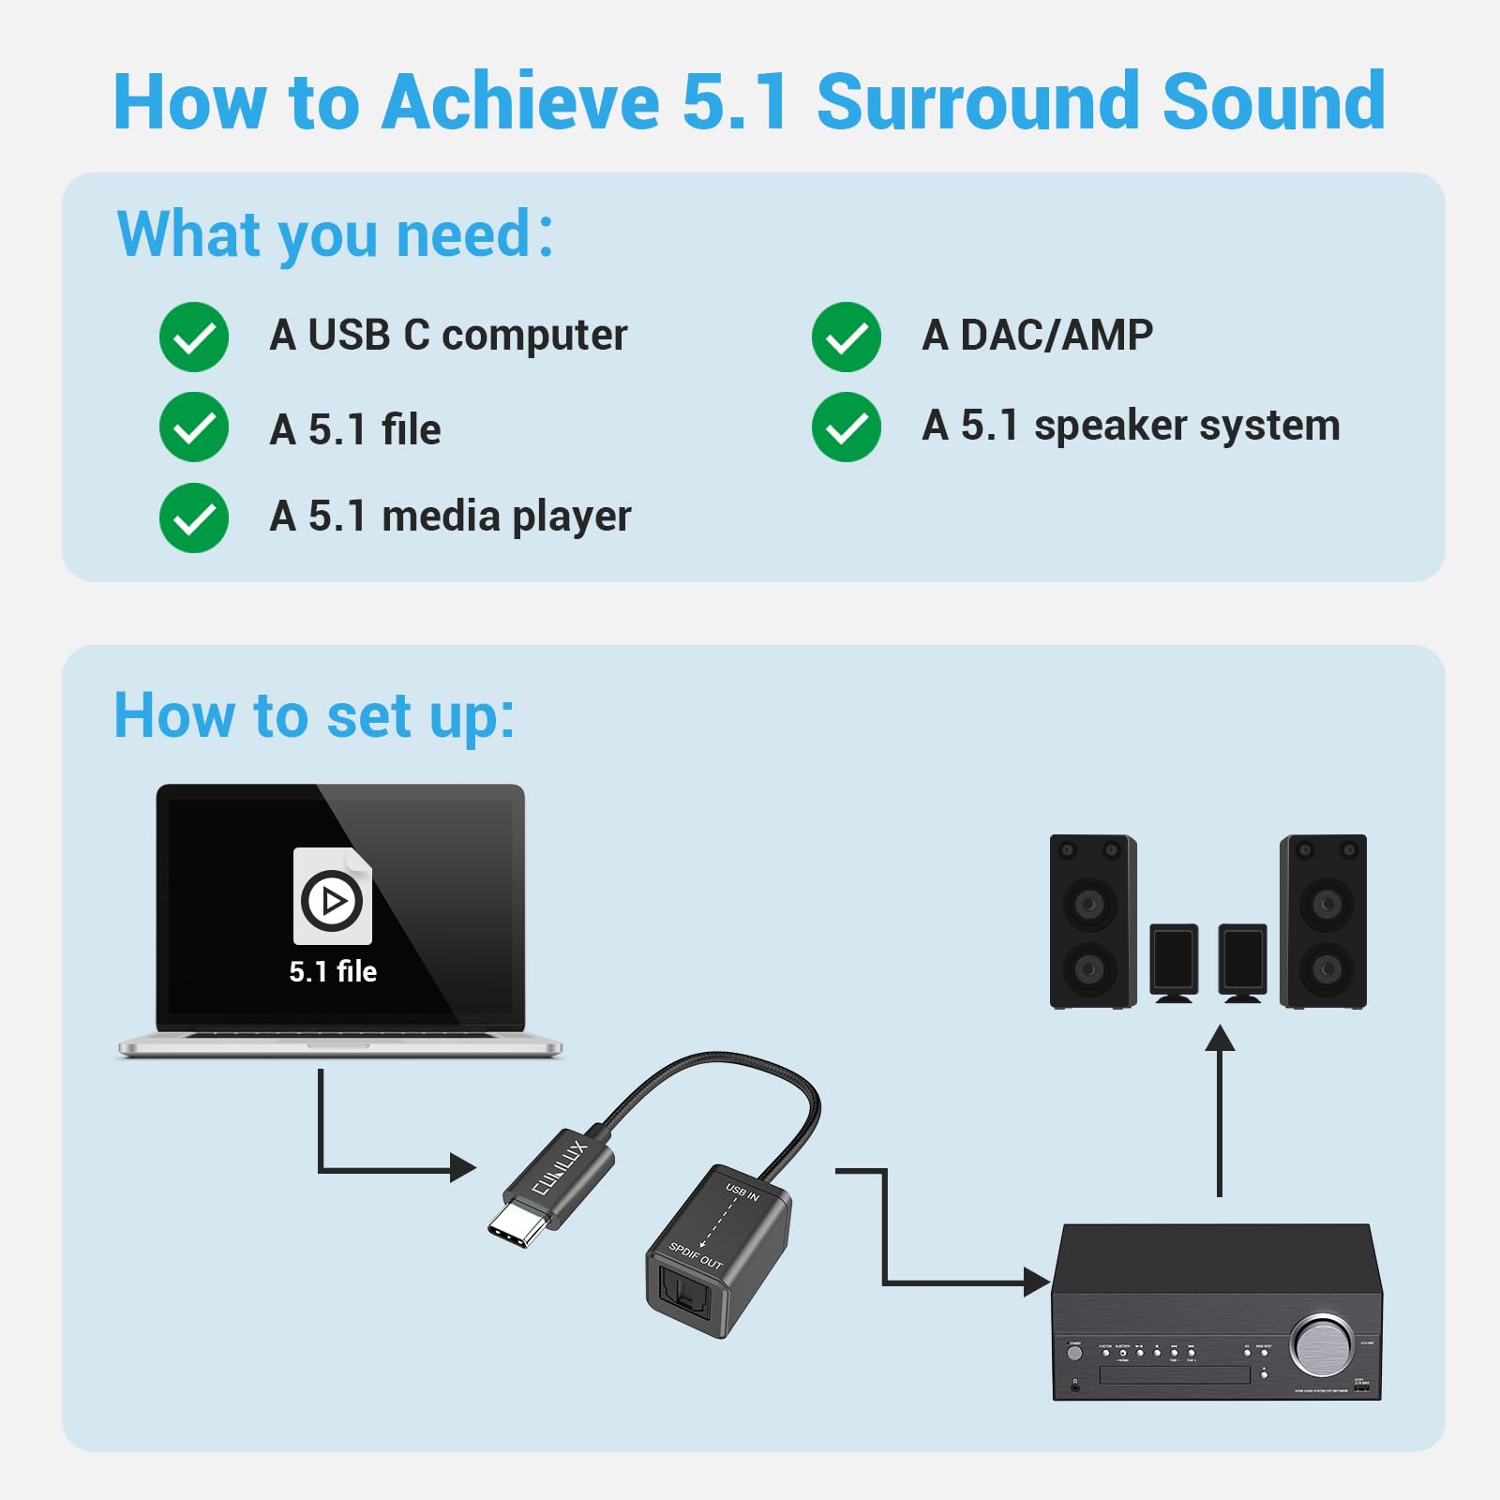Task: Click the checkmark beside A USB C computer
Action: pos(194,337)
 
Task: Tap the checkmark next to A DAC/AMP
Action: pos(847,337)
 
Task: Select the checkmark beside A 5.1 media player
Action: pos(194,518)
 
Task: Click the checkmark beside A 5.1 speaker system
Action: pos(847,427)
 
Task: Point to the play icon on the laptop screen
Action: pos(332,901)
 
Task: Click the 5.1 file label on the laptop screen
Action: pos(333,971)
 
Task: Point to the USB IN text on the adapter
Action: pos(742,1192)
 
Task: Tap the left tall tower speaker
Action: pos(1092,922)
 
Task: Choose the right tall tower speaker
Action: pos(1323,922)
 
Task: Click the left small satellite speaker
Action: pos(1174,961)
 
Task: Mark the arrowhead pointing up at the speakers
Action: pos(1219,1039)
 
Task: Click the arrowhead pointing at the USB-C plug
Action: pos(462,1168)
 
